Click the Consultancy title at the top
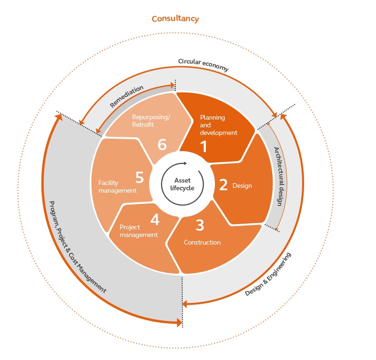(x=175, y=19)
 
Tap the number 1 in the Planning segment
(x=204, y=146)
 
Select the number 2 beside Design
(x=223, y=185)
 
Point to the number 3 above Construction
(x=200, y=224)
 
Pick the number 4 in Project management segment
(x=154, y=219)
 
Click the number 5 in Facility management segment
(x=139, y=177)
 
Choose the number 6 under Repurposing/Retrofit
(x=162, y=144)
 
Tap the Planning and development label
(x=218, y=125)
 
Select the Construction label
(x=202, y=242)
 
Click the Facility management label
(x=117, y=186)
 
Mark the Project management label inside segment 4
(x=138, y=231)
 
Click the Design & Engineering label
(x=268, y=274)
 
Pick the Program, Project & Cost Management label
(x=77, y=246)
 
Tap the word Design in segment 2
(x=242, y=185)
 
